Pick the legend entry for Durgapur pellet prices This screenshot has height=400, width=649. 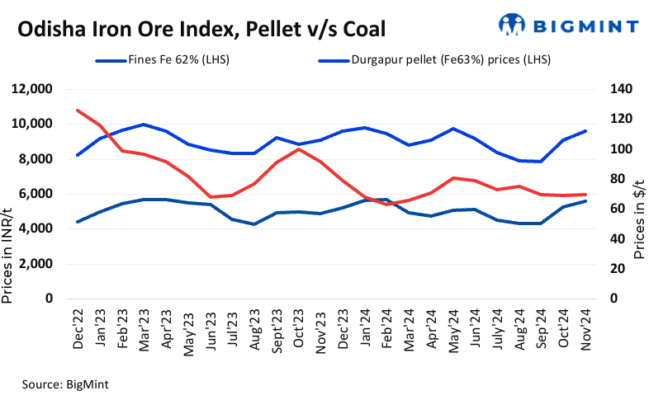(x=438, y=59)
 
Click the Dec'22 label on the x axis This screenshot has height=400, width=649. (x=78, y=330)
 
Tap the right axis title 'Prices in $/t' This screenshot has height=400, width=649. (x=639, y=209)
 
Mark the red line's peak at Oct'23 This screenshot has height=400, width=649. (x=298, y=148)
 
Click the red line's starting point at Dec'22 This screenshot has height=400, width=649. (x=77, y=110)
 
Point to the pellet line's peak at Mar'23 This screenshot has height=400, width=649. (x=144, y=125)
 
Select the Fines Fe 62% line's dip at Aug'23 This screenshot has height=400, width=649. (x=254, y=224)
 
